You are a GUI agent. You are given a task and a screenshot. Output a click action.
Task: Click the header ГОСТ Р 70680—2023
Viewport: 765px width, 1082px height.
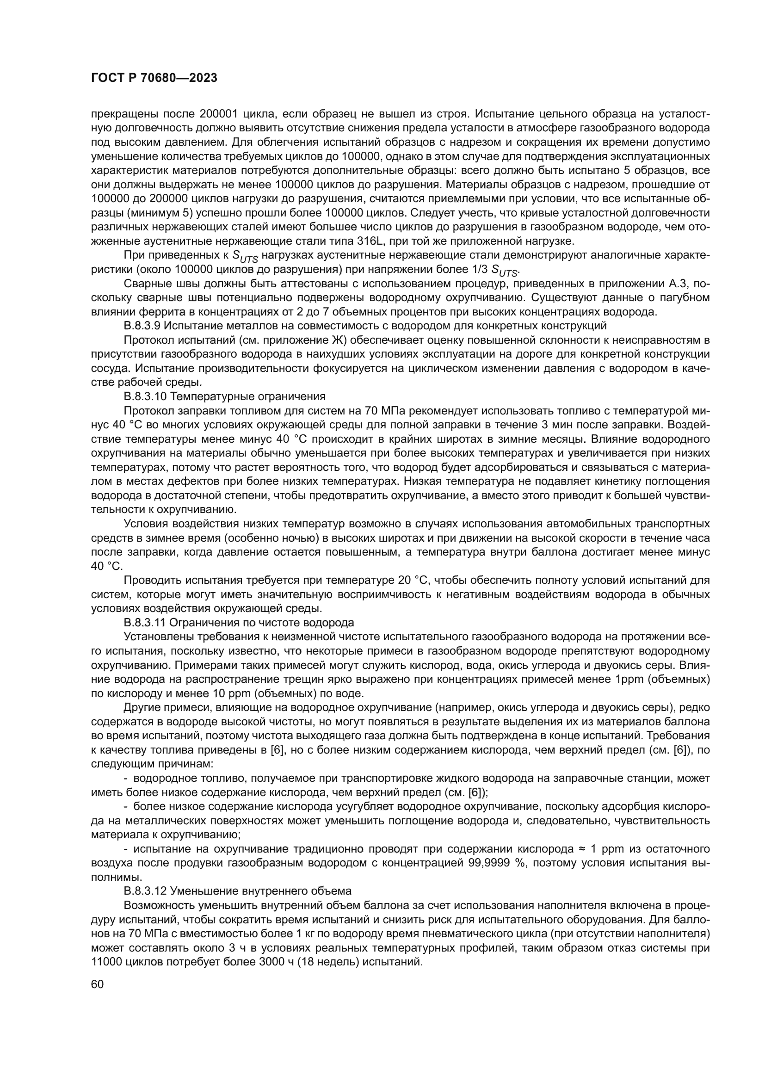[x=154, y=78]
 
